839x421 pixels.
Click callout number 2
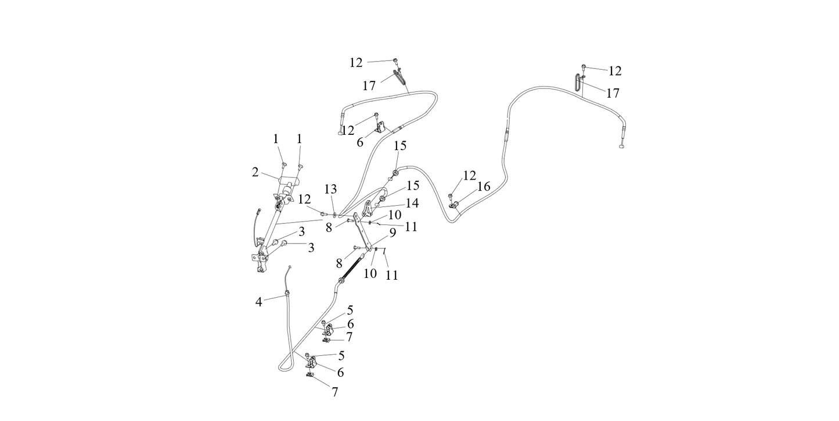click(255, 172)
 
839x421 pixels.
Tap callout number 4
click(259, 301)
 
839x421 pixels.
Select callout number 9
click(393, 233)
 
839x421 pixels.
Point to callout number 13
click(330, 189)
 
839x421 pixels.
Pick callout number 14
click(412, 203)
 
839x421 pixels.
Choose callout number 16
click(484, 186)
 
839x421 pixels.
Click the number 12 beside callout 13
click(304, 199)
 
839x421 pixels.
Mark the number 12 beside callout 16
click(469, 175)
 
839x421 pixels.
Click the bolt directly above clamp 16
click(450, 196)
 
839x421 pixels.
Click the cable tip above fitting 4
click(289, 267)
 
